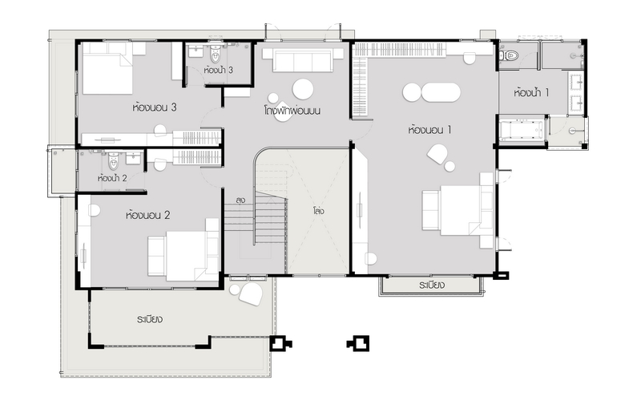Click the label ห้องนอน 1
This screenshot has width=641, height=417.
click(429, 130)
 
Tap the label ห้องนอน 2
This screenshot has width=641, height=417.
click(147, 215)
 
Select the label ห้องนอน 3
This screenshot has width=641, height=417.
click(154, 107)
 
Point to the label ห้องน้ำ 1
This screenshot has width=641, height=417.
click(531, 93)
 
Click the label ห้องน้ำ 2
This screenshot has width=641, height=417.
click(112, 178)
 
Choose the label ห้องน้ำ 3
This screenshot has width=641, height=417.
click(218, 70)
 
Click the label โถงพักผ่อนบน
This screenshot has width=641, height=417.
click(292, 111)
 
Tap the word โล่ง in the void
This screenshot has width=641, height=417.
click(318, 211)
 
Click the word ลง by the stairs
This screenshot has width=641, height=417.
click(240, 200)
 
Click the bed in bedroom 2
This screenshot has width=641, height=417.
click(183, 249)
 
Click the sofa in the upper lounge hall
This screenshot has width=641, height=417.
click(303, 60)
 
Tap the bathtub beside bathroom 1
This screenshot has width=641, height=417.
click(522, 128)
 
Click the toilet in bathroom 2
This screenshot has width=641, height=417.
click(113, 161)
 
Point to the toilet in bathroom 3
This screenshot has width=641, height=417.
click(215, 54)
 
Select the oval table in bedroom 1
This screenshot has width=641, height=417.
click(441, 92)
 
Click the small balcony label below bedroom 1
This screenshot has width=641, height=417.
click(432, 285)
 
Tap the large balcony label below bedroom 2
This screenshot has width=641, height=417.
click(150, 319)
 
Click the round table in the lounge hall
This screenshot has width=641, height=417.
click(303, 89)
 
